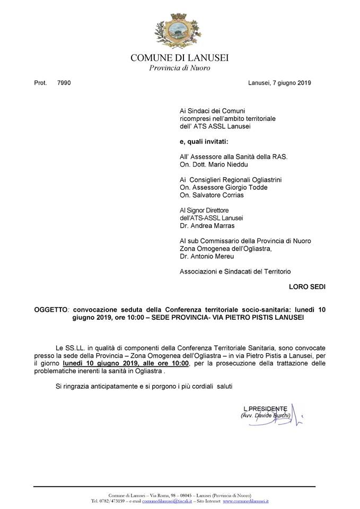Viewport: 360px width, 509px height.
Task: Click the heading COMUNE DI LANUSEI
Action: point(180,58)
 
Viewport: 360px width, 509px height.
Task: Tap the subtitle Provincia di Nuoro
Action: point(180,68)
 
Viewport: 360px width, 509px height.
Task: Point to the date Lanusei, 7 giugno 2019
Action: point(279,83)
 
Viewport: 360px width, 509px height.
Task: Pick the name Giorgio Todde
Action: point(245,188)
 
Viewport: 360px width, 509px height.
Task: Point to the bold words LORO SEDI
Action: point(308,287)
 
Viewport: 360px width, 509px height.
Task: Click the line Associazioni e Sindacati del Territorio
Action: point(235,271)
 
